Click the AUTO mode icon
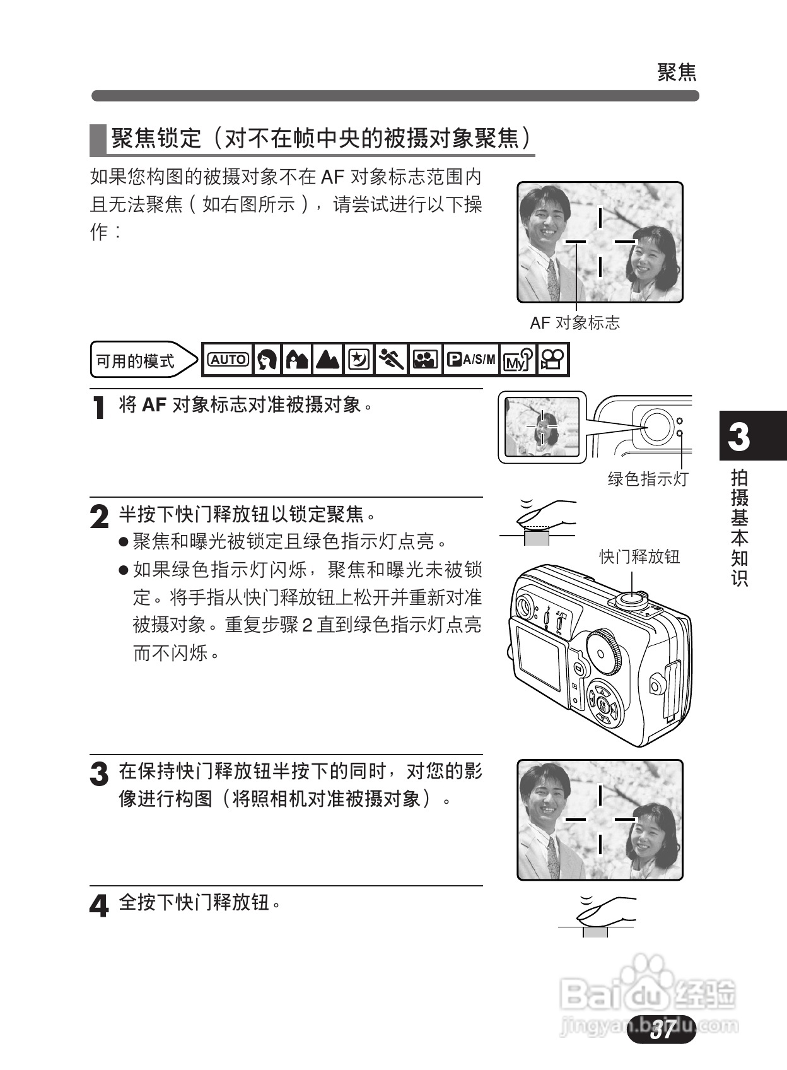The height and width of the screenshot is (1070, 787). [228, 360]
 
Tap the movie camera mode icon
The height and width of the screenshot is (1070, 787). [553, 360]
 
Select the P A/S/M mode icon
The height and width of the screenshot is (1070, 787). [471, 360]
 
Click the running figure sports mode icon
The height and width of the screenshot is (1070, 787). [391, 360]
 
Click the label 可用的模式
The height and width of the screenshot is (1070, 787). [135, 361]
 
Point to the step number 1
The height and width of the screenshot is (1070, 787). [98, 408]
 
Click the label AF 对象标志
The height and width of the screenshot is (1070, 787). [574, 323]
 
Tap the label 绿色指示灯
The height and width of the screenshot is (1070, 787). [648, 479]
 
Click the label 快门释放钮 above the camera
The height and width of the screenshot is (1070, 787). [639, 556]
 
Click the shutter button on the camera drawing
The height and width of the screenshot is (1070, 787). [631, 597]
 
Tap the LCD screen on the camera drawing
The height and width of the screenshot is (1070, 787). [539, 657]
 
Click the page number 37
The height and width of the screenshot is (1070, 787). [662, 1030]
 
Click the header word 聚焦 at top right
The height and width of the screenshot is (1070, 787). [677, 72]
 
